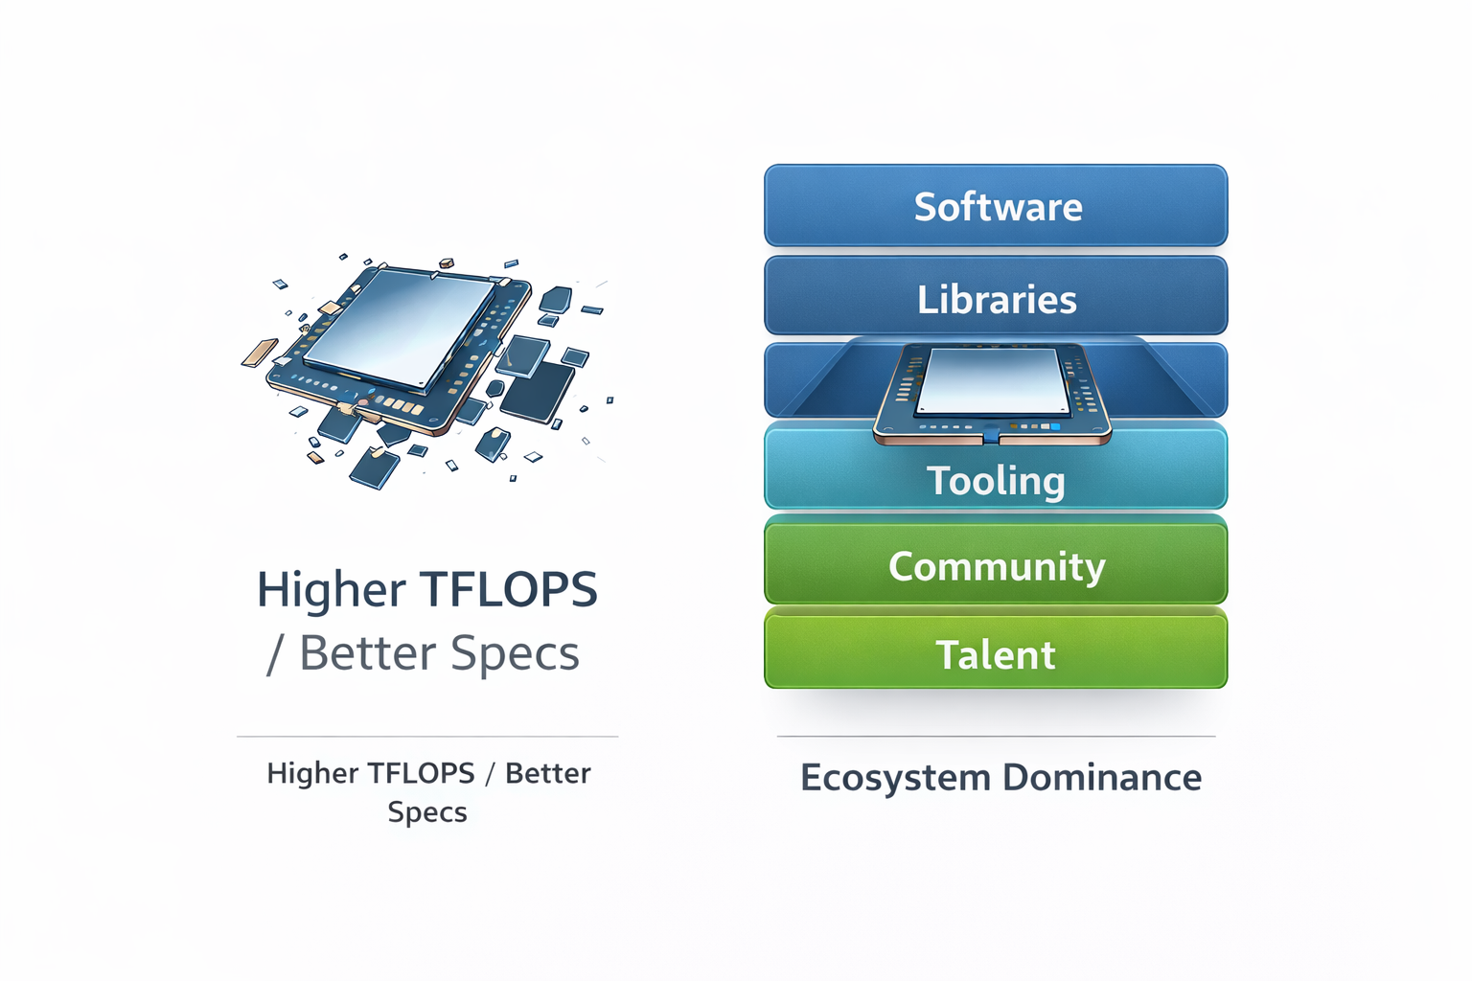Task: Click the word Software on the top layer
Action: coord(998,207)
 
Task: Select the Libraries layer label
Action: coord(997,300)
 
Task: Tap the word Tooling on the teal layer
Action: coord(996,481)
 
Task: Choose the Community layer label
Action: coord(997,566)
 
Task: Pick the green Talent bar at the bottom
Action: coord(996,655)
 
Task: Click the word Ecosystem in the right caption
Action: coord(895,778)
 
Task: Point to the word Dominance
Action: coord(1102,778)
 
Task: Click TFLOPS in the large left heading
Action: coord(509,589)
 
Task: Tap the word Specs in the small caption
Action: coord(427,812)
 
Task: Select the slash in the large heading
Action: coord(275,654)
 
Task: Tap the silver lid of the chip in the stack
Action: coord(992,380)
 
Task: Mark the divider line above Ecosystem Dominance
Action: coord(996,737)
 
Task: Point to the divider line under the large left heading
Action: coord(427,737)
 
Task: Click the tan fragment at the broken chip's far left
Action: coord(259,352)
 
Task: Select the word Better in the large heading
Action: coord(368,653)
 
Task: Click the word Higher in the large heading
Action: coord(331,589)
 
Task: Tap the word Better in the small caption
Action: coord(547,773)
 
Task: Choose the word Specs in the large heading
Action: coord(515,654)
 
